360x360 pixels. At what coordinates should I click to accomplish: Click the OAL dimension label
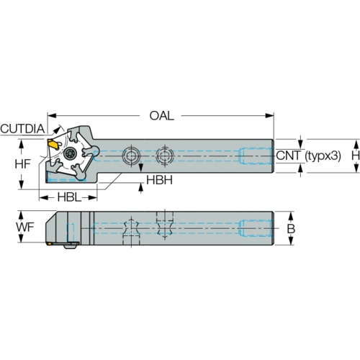point(162,116)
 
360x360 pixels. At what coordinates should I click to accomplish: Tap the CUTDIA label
point(22,129)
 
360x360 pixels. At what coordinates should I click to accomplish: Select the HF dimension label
point(22,164)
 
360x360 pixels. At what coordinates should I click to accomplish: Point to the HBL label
point(69,197)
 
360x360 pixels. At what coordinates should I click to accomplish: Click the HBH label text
point(159,180)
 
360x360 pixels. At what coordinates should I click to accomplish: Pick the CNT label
point(288,156)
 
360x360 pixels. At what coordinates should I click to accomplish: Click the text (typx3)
point(323,156)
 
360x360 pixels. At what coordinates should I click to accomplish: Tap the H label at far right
point(356,156)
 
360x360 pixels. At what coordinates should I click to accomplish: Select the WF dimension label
point(25,227)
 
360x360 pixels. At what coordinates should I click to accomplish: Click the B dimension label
point(291,229)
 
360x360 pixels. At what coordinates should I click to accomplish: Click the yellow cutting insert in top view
point(53,144)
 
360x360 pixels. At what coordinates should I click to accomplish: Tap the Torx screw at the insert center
point(71,153)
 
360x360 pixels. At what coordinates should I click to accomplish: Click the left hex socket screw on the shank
point(131,156)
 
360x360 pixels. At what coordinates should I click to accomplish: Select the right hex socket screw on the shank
point(165,156)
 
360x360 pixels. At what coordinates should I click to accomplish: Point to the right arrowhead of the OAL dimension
point(269,116)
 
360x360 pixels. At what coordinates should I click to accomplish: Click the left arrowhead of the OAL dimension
point(52,116)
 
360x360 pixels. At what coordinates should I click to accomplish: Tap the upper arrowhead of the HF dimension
point(22,143)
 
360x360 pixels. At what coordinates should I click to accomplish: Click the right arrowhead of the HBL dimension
point(92,198)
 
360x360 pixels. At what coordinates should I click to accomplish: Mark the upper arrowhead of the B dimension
point(291,216)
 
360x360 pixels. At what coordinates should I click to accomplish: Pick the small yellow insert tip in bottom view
point(49,243)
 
